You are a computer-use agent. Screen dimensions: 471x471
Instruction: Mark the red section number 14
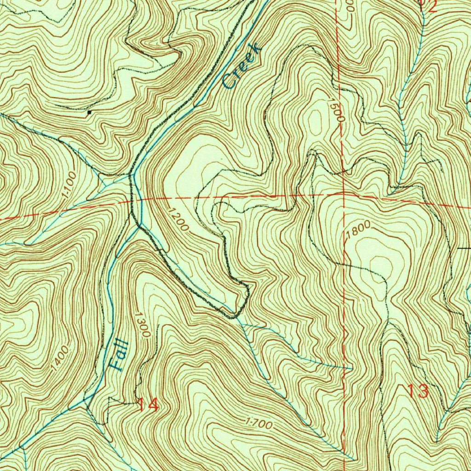point(149,405)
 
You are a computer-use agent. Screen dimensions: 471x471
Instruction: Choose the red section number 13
point(418,391)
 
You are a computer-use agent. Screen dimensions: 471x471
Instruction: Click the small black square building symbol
point(89,111)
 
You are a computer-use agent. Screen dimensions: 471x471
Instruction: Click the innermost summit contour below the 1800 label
point(381,264)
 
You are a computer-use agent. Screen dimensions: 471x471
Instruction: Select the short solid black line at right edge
point(464,248)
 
